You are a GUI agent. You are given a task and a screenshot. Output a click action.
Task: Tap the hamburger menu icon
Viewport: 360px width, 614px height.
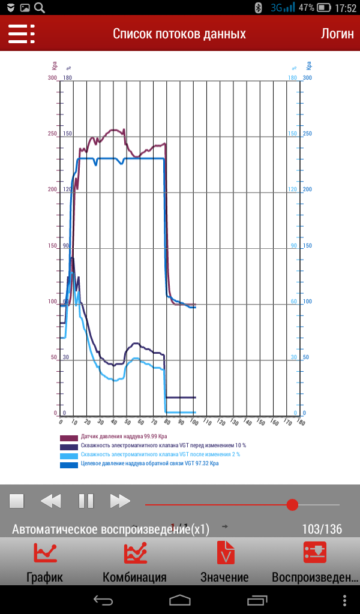[x=21, y=34]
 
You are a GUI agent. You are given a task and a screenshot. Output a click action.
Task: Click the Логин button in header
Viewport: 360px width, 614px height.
[x=337, y=34]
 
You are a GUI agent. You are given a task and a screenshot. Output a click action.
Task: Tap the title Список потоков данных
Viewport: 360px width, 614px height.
[x=179, y=34]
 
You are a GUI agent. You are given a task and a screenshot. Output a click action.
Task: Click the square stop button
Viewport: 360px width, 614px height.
[x=16, y=501]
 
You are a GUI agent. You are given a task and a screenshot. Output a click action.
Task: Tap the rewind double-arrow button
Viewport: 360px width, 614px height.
[x=51, y=501]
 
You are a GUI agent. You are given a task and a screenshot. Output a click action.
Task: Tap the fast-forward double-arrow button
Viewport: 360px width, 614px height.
[x=120, y=501]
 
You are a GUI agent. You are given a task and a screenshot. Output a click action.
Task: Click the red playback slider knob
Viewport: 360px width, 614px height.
[x=292, y=504]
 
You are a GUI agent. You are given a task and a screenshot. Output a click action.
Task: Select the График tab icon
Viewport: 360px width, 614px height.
[x=45, y=552]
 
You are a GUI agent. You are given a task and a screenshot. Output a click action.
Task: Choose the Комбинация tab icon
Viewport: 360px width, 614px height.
[x=135, y=552]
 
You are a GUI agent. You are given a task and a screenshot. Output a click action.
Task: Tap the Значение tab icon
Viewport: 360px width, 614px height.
[x=225, y=552]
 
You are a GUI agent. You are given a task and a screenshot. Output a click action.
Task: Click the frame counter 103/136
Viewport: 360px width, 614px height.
[x=322, y=529]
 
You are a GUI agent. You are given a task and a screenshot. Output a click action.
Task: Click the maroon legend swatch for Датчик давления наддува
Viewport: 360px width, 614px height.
[x=69, y=438]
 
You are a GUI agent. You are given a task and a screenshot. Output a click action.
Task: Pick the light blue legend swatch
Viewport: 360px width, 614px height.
[x=69, y=455]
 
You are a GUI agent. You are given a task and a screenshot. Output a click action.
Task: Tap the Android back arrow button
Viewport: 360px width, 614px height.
[x=103, y=600]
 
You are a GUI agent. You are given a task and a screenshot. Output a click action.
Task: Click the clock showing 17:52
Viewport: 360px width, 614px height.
[x=346, y=8]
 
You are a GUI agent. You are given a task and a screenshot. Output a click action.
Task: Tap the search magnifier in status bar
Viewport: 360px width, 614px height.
[x=40, y=8]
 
